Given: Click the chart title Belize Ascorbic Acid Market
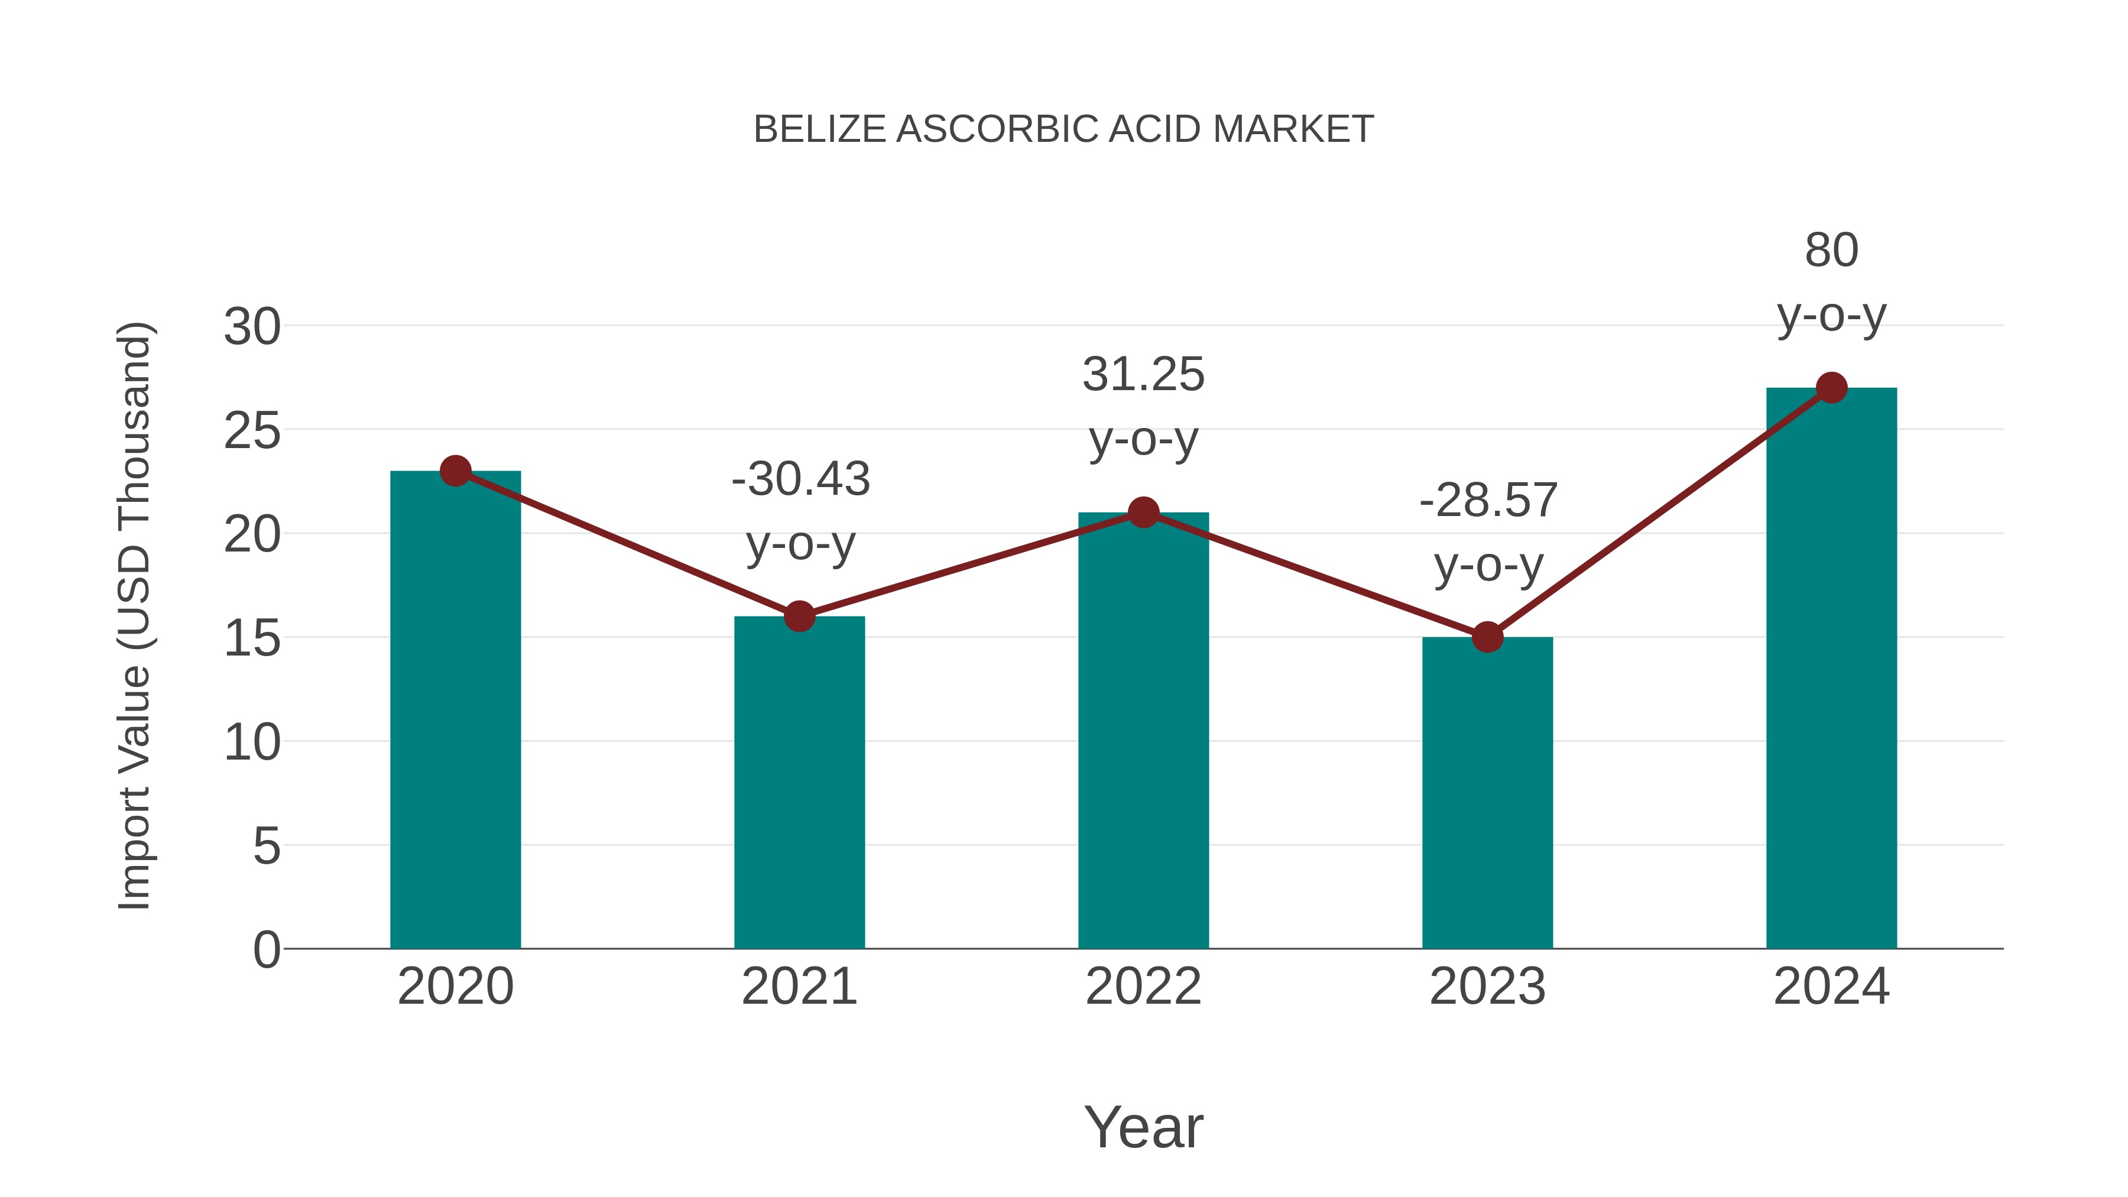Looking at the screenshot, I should pyautogui.click(x=1063, y=129).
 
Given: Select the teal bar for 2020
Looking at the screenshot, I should pyautogui.click(x=455, y=711).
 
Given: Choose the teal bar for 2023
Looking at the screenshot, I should pyautogui.click(x=1487, y=793).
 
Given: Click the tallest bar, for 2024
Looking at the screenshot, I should pyautogui.click(x=1831, y=669).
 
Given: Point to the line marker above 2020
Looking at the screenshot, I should pyautogui.click(x=455, y=471).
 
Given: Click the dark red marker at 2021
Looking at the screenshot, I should pyautogui.click(x=799, y=617).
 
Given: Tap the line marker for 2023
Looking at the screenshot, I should pyautogui.click(x=1487, y=637).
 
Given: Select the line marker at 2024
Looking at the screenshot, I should pyautogui.click(x=1831, y=387).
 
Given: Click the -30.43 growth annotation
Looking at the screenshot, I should pyautogui.click(x=800, y=479).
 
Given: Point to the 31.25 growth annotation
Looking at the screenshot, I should pyautogui.click(x=1143, y=375).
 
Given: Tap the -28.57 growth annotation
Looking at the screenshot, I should pyautogui.click(x=1488, y=501).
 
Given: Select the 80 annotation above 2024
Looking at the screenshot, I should pyautogui.click(x=1831, y=250).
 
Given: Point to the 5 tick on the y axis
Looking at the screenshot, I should pyautogui.click(x=266, y=846).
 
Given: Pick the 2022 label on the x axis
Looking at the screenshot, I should pyautogui.click(x=1143, y=987).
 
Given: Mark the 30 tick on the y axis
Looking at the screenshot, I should pyautogui.click(x=252, y=327).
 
